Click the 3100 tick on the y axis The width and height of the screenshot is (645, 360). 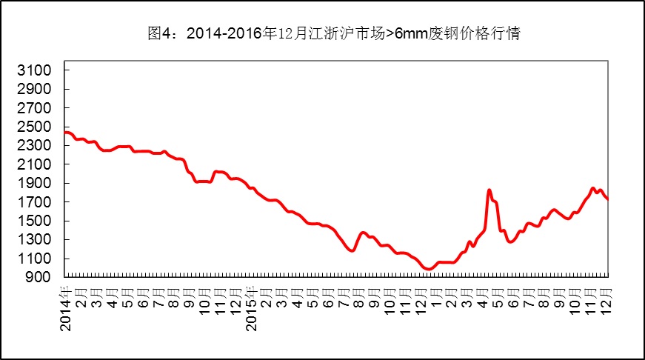[x=36, y=70]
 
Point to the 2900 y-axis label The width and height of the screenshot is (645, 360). [x=36, y=89]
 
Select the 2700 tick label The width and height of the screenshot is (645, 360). [x=36, y=108]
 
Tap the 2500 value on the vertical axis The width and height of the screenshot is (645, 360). [x=36, y=127]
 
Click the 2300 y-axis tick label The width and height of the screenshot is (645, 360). [x=36, y=146]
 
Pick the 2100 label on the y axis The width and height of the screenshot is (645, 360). [x=36, y=164]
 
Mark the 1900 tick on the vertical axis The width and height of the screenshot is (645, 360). [x=36, y=183]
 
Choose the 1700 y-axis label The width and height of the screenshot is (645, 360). [x=36, y=202]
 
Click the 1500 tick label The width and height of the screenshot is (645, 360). [x=36, y=221]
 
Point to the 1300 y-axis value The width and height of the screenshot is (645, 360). [x=36, y=239]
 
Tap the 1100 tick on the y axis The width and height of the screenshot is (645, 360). [x=36, y=259]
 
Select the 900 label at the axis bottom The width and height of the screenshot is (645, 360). [x=40, y=277]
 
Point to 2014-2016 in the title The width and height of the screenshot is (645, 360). [x=221, y=33]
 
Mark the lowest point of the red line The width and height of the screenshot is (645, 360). [x=427, y=270]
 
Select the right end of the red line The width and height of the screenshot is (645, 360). [x=608, y=199]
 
